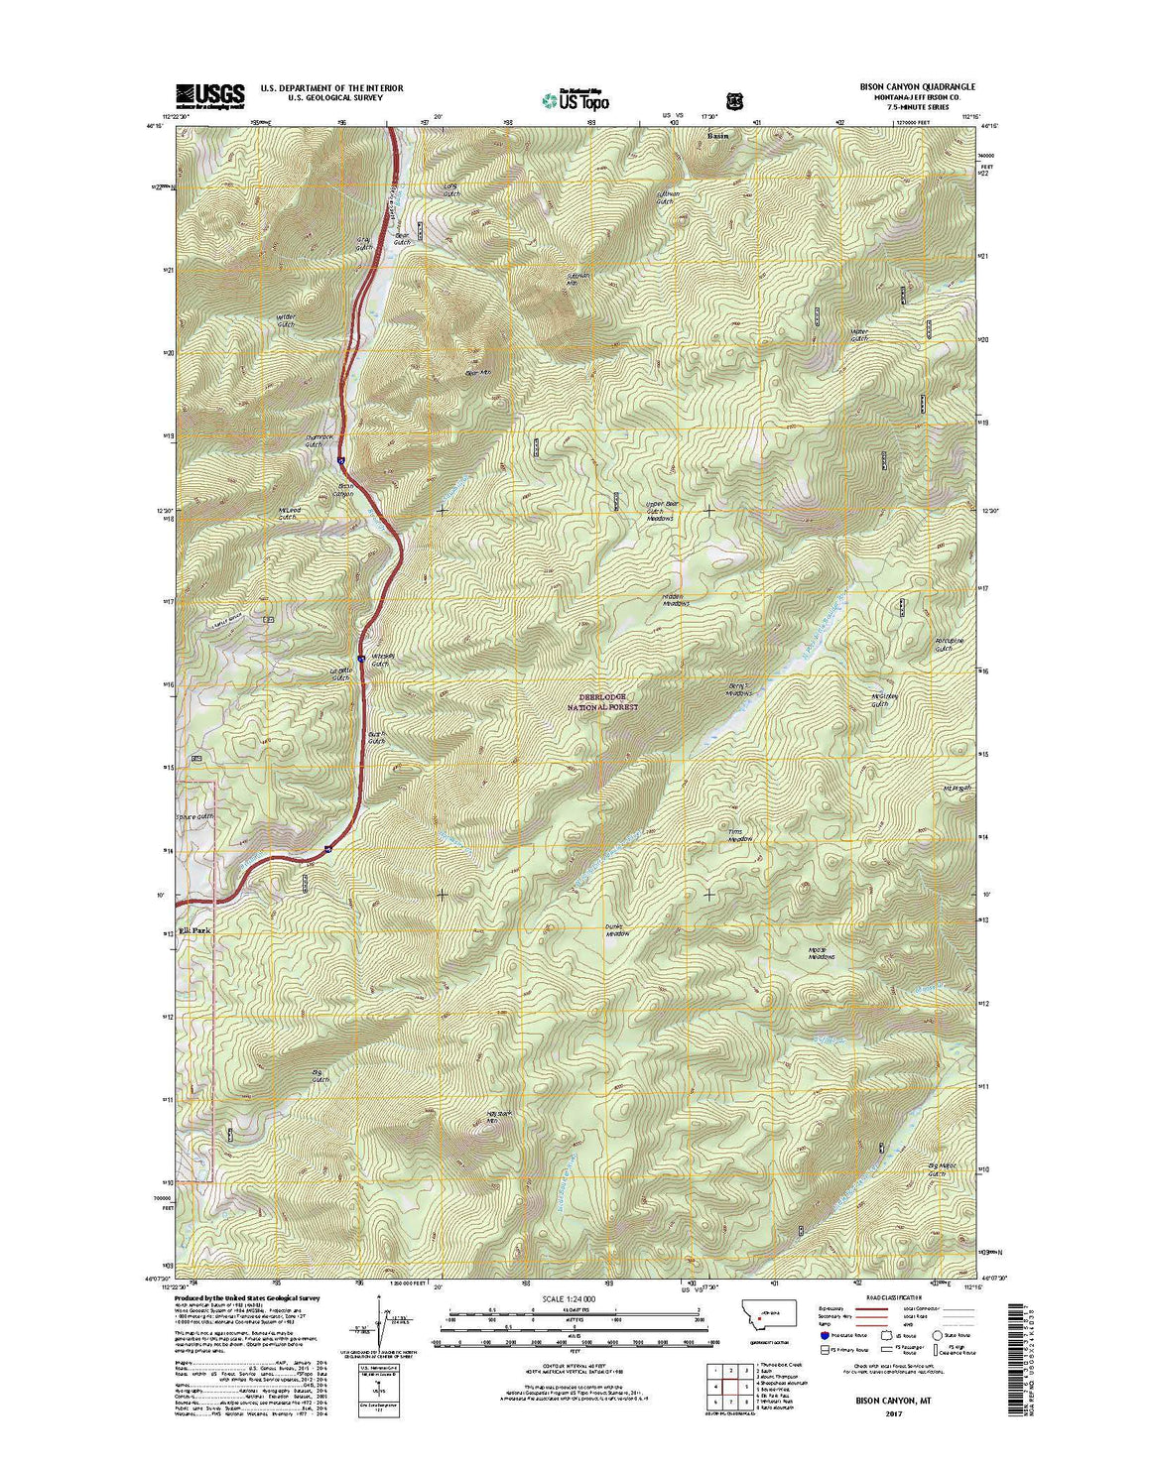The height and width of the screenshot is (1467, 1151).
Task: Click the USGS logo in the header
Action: click(x=209, y=94)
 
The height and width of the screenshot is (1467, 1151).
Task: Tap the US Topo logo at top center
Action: click(x=575, y=98)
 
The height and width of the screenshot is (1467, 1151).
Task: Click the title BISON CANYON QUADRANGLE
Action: click(x=903, y=87)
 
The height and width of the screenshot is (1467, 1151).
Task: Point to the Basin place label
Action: click(x=716, y=134)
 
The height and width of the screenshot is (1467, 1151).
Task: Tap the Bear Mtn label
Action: click(x=478, y=373)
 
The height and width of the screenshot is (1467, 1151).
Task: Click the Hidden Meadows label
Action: click(x=675, y=600)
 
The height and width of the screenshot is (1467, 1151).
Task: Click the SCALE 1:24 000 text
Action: click(x=569, y=1299)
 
